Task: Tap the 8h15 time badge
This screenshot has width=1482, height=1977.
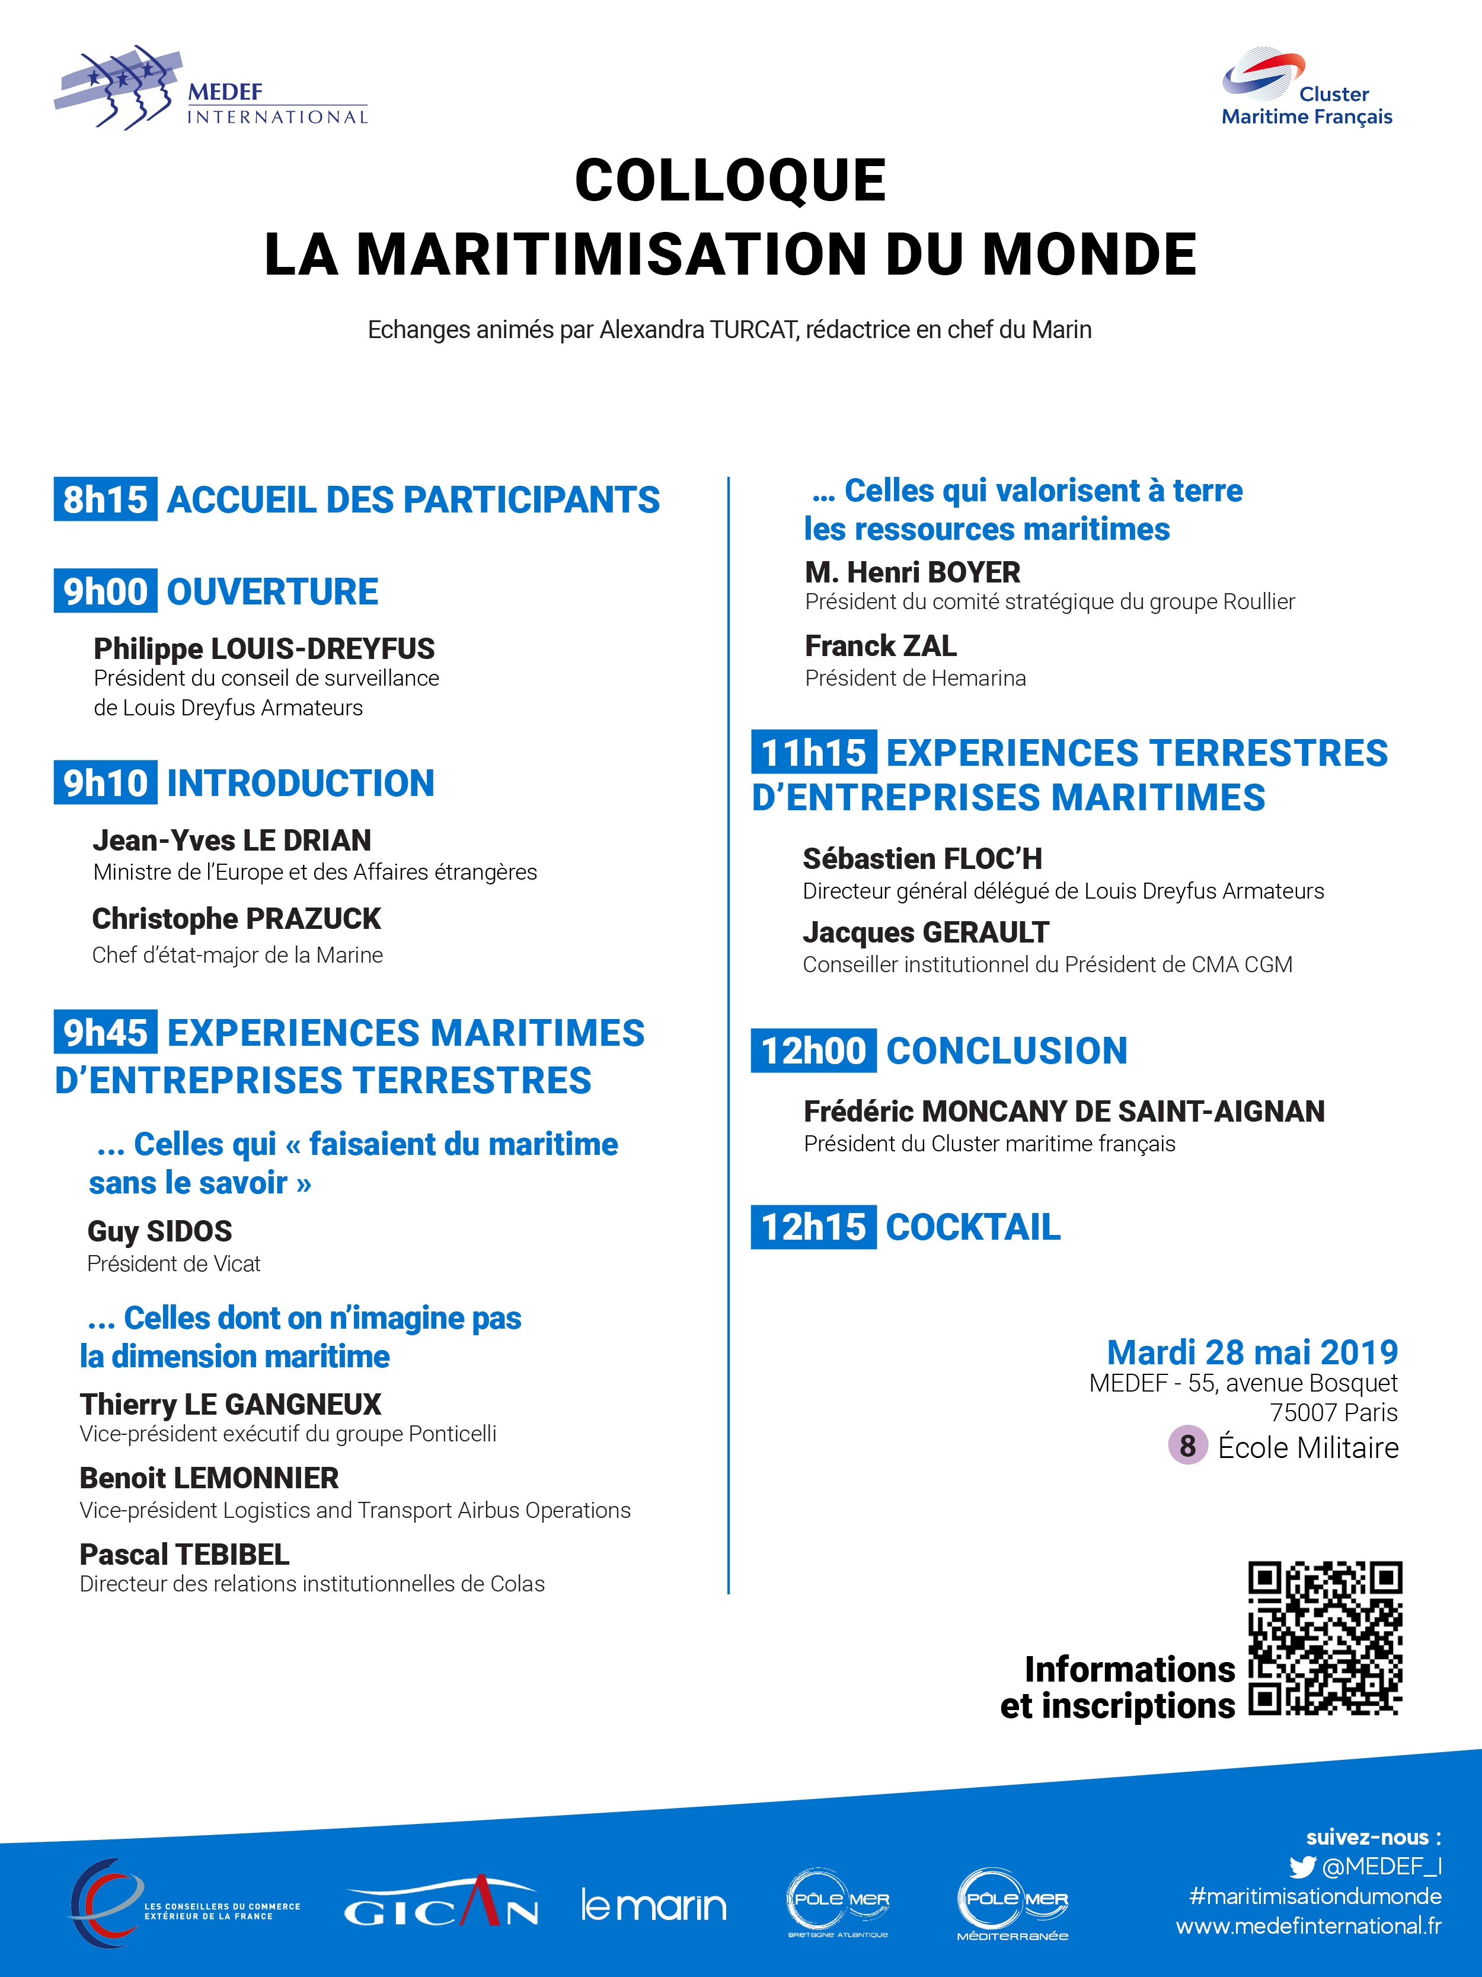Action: point(106,499)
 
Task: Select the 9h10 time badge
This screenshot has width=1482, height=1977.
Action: point(106,783)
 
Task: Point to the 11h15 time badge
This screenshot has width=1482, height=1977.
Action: point(813,753)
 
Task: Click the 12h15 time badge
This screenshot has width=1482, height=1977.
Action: point(813,1227)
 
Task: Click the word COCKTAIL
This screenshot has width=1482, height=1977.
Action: point(973,1227)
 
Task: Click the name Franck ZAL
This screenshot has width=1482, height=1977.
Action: point(880,645)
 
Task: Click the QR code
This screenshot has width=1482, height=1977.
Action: point(1325,1638)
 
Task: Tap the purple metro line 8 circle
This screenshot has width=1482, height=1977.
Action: point(1187,1445)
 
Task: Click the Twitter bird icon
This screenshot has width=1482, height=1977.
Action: point(1302,1867)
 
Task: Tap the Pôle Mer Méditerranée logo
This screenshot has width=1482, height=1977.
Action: point(1013,1903)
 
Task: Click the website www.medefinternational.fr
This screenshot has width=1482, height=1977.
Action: point(1308,1926)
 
